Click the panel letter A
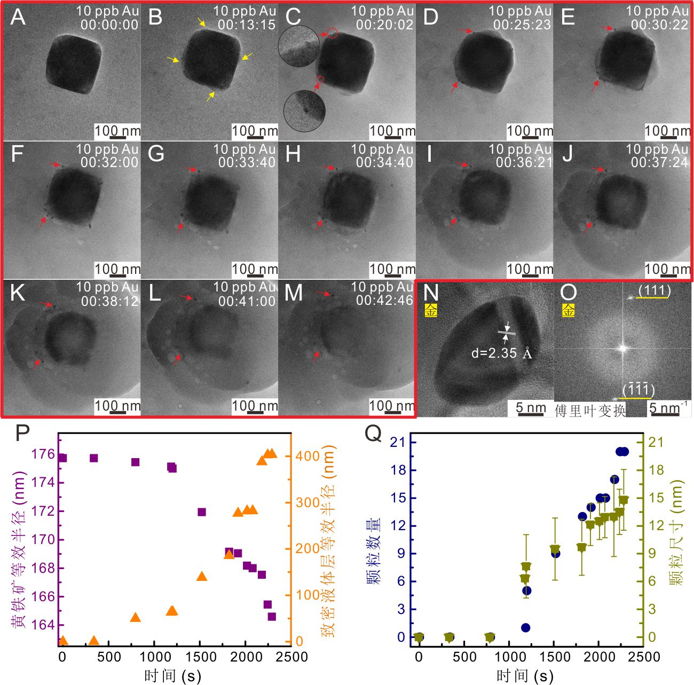click(18, 17)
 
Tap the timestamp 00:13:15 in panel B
click(247, 25)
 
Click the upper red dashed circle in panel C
click(333, 33)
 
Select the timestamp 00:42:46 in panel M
click(384, 301)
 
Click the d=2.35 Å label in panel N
click(502, 353)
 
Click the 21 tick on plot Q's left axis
click(398, 442)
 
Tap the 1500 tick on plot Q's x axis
click(556, 656)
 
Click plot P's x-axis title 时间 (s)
click(172, 675)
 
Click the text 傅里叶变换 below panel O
click(590, 411)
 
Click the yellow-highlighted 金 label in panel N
click(431, 311)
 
